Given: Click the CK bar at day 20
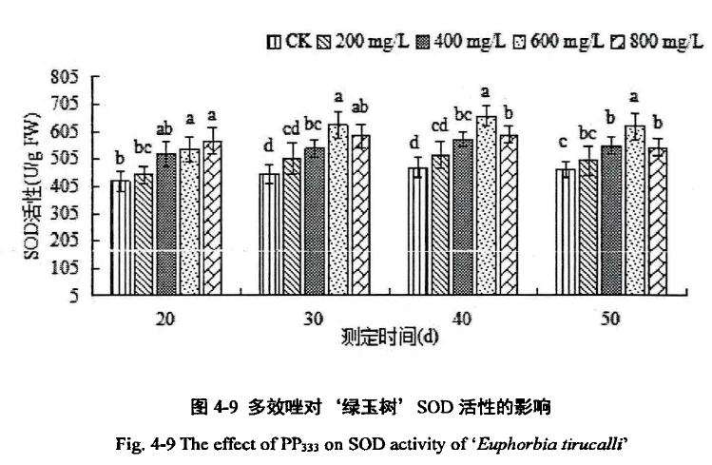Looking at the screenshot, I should tap(121, 238).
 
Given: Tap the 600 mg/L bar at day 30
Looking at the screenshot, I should tap(337, 209).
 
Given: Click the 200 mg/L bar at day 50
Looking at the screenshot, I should tap(588, 227).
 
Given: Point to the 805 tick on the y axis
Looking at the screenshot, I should tap(75, 77).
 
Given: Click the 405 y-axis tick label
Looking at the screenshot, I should tap(75, 186).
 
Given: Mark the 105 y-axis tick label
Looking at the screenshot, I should tap(75, 268).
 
